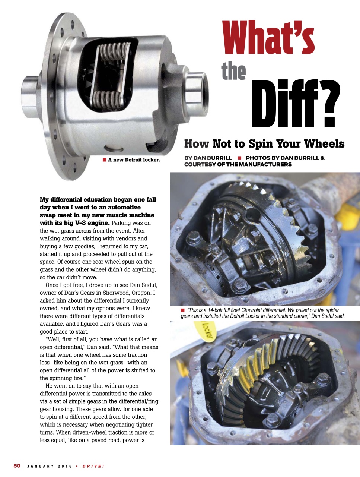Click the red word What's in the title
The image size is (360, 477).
click(268, 37)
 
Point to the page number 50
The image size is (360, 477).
click(17, 466)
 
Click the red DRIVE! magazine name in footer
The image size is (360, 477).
click(93, 466)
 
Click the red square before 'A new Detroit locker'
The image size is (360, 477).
click(104, 160)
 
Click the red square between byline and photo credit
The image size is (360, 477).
click(239, 158)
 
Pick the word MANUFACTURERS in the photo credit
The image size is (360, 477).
click(265, 164)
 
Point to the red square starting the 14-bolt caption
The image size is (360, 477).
click(182, 310)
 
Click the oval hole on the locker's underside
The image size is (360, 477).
click(114, 149)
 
